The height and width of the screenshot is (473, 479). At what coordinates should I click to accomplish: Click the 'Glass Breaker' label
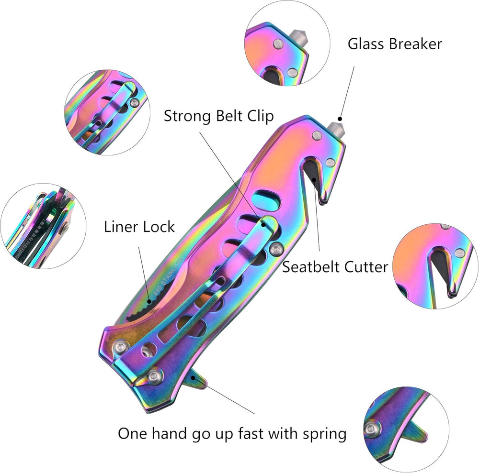point(395,44)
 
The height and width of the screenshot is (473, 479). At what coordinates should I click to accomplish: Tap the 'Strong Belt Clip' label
point(219,116)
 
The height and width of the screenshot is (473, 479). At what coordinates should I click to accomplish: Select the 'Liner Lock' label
point(139,226)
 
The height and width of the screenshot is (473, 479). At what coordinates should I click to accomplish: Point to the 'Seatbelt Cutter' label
point(335,266)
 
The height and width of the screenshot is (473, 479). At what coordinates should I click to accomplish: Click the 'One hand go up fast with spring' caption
point(232,434)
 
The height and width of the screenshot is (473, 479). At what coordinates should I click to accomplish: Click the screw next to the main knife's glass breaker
point(317,136)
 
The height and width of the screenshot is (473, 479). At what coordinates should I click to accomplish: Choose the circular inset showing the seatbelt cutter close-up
point(436,266)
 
